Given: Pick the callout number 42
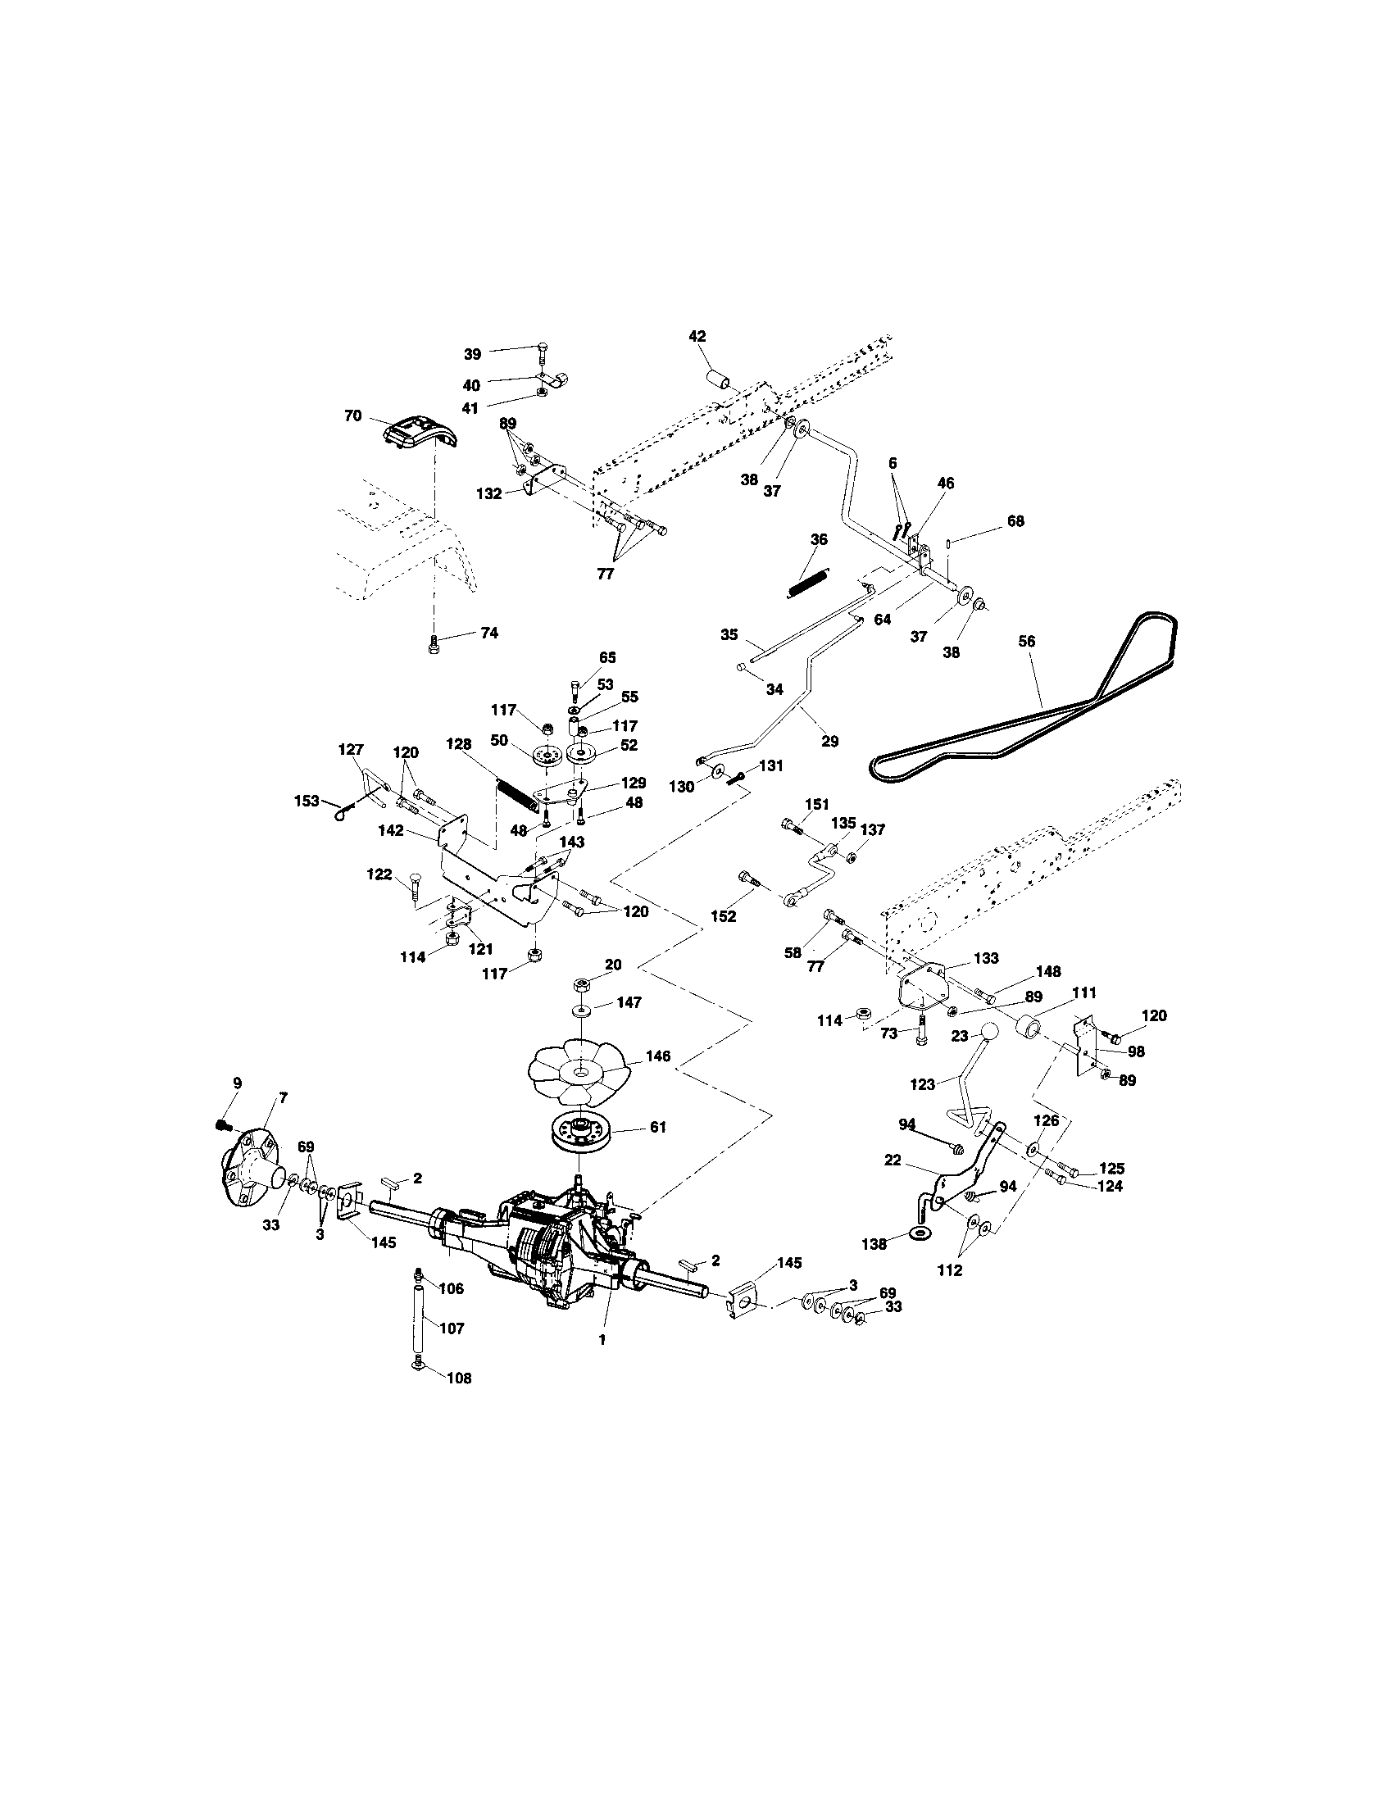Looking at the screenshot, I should (697, 336).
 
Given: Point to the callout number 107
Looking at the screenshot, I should (452, 1328).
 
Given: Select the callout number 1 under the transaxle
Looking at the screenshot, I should (602, 1340).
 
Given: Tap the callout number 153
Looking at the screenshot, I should (307, 800).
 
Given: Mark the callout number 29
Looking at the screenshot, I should (829, 741).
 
